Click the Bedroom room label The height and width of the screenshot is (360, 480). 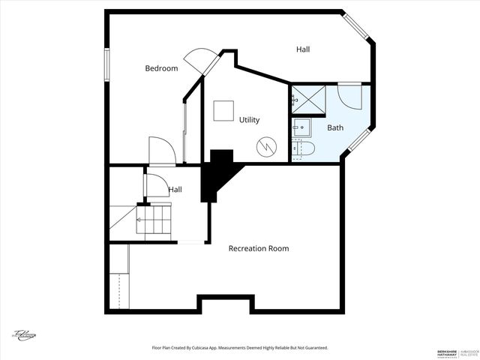click(x=161, y=68)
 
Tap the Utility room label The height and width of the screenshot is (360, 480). click(x=249, y=120)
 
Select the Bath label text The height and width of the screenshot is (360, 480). click(x=334, y=127)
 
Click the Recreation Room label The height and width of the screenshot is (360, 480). click(x=259, y=248)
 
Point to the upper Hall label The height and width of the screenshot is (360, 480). click(x=303, y=49)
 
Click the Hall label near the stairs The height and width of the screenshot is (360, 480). click(x=175, y=190)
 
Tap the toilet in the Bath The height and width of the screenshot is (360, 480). click(x=304, y=148)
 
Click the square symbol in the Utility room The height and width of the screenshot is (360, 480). click(x=223, y=111)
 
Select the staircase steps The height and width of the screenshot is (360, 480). click(x=154, y=221)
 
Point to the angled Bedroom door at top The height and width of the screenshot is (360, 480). click(x=199, y=60)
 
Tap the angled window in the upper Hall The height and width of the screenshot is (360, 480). click(x=358, y=26)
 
